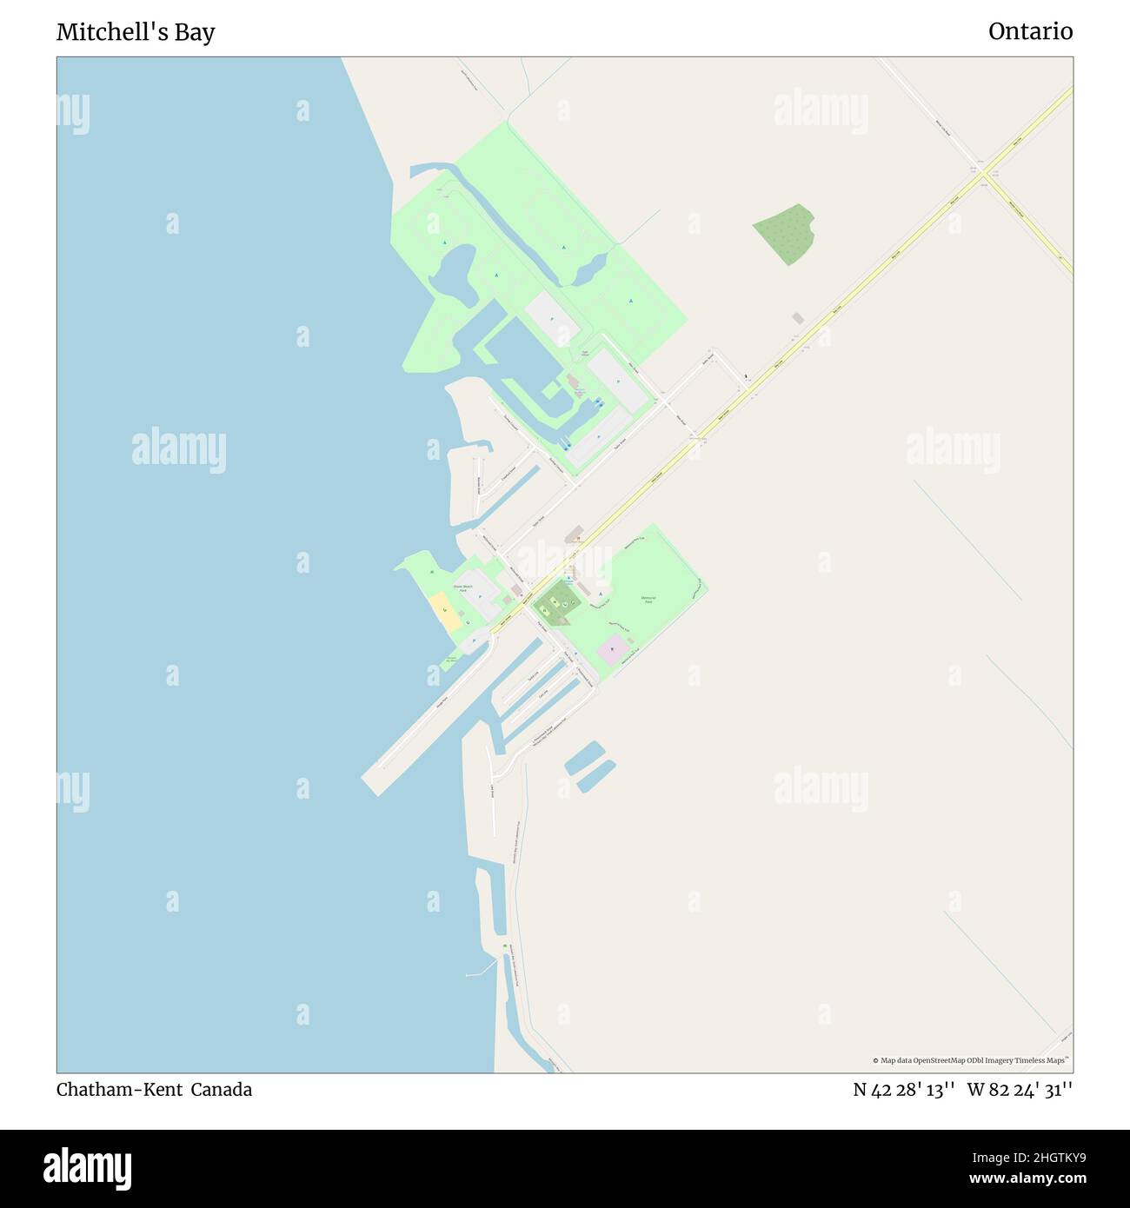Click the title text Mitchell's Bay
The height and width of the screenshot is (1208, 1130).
pos(136,32)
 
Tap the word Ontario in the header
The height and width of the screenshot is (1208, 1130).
pos(1030,31)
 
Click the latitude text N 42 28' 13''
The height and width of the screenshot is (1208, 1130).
pos(904,1090)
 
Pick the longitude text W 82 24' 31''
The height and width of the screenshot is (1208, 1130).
pos(1020,1090)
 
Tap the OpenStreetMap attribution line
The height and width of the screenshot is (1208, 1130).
pos(971,1060)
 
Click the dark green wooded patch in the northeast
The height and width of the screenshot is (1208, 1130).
pos(785,234)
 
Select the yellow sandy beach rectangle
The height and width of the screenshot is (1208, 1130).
pos(443,612)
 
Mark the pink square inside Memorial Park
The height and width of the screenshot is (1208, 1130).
pos(612,650)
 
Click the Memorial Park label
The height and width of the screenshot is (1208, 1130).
pos(648,600)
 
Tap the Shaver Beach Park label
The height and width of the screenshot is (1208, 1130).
pos(468,588)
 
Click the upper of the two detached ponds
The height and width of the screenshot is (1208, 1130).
pos(584,758)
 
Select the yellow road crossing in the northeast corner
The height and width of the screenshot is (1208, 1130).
pos(984,174)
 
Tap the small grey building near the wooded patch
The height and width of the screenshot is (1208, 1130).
pos(798,319)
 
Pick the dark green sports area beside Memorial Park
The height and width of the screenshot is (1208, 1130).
pos(555,603)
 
